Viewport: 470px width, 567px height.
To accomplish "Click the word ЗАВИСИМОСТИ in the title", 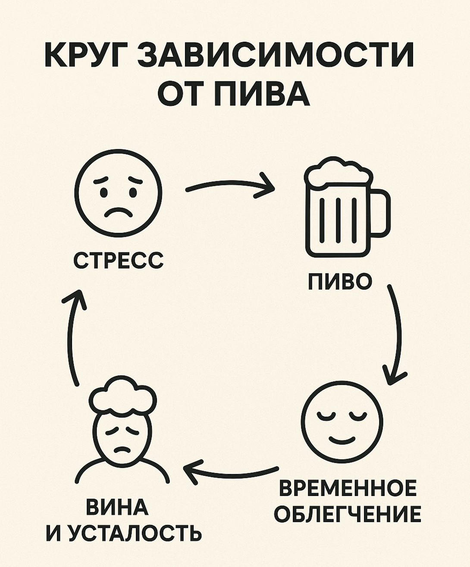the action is (x=276, y=54).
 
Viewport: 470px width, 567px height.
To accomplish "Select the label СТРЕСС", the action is (x=118, y=260).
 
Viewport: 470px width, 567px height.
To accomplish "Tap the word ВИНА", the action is (x=117, y=507).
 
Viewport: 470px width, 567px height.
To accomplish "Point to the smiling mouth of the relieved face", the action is (x=342, y=440).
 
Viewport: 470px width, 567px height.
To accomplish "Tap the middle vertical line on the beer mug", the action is (x=338, y=220).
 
